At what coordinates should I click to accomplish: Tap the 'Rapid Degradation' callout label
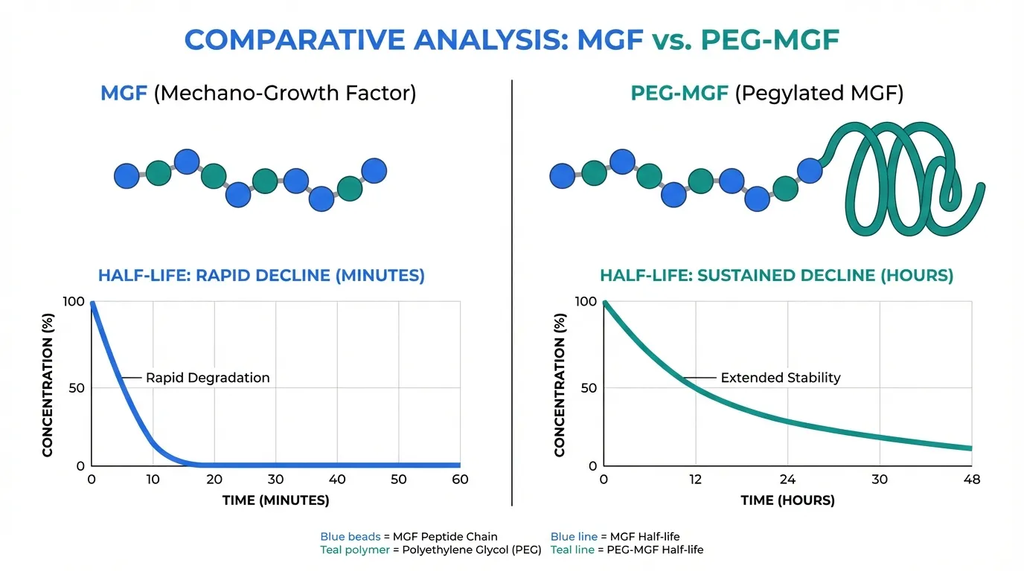pos(208,378)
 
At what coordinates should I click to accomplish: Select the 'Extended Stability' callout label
pos(781,378)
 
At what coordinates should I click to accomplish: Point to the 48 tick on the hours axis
pos(971,480)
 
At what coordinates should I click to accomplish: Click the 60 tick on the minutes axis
pos(460,480)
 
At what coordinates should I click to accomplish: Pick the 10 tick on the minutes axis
pos(153,480)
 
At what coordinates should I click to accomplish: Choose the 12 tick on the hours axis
pos(695,480)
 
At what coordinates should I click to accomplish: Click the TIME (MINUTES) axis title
pos(275,500)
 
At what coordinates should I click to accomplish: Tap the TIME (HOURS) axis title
pos(787,500)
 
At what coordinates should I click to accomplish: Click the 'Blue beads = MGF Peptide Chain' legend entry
pos(409,536)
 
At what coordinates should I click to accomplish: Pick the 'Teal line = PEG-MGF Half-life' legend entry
pos(627,550)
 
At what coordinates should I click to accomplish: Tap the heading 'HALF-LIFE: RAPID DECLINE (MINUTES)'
pos(261,276)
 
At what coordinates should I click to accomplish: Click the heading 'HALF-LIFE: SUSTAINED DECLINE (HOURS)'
pos(776,276)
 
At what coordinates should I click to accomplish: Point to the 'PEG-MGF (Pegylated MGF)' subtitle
pos(766,94)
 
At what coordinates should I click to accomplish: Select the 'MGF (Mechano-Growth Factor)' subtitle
pos(258,94)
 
